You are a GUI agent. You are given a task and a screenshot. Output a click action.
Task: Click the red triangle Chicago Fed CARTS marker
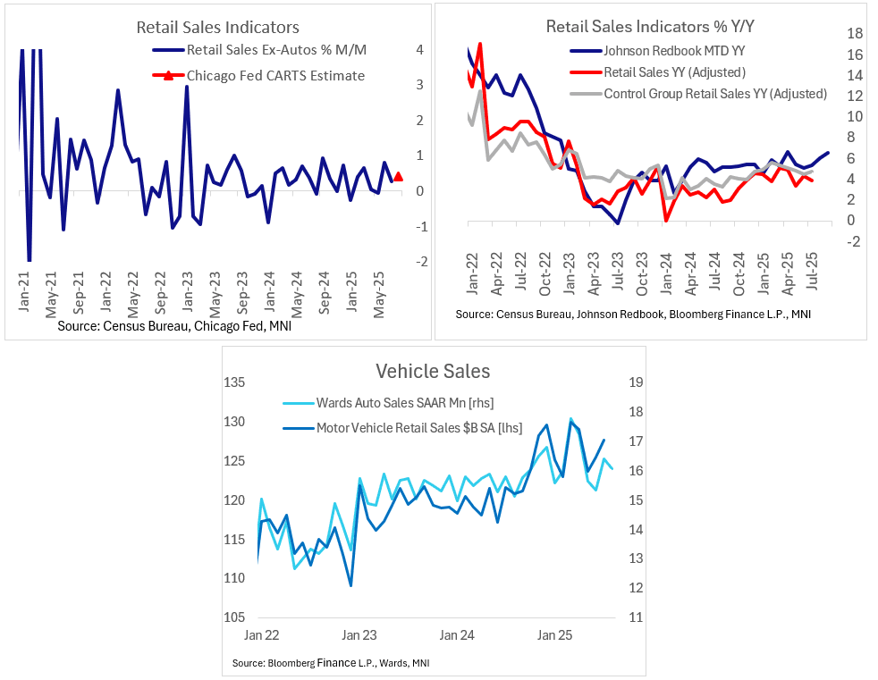(x=398, y=177)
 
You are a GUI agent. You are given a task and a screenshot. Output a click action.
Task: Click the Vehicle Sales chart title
(x=433, y=371)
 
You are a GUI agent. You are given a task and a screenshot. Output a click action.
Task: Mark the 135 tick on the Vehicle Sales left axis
(x=233, y=383)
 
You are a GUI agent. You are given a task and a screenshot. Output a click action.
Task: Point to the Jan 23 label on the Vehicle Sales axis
(x=359, y=636)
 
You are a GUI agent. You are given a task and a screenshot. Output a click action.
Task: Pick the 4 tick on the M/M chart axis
(x=419, y=49)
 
